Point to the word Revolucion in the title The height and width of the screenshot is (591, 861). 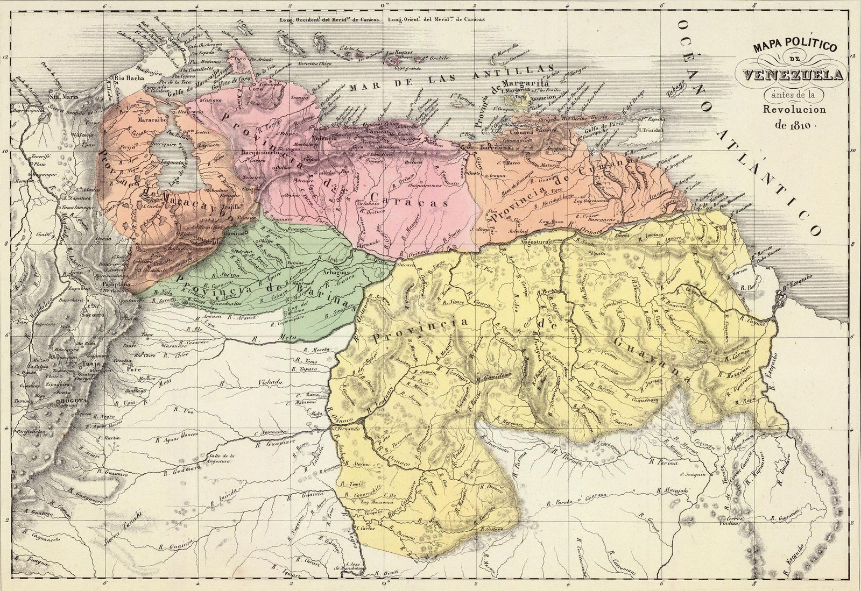point(791,110)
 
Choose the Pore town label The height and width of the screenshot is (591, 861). point(130,369)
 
